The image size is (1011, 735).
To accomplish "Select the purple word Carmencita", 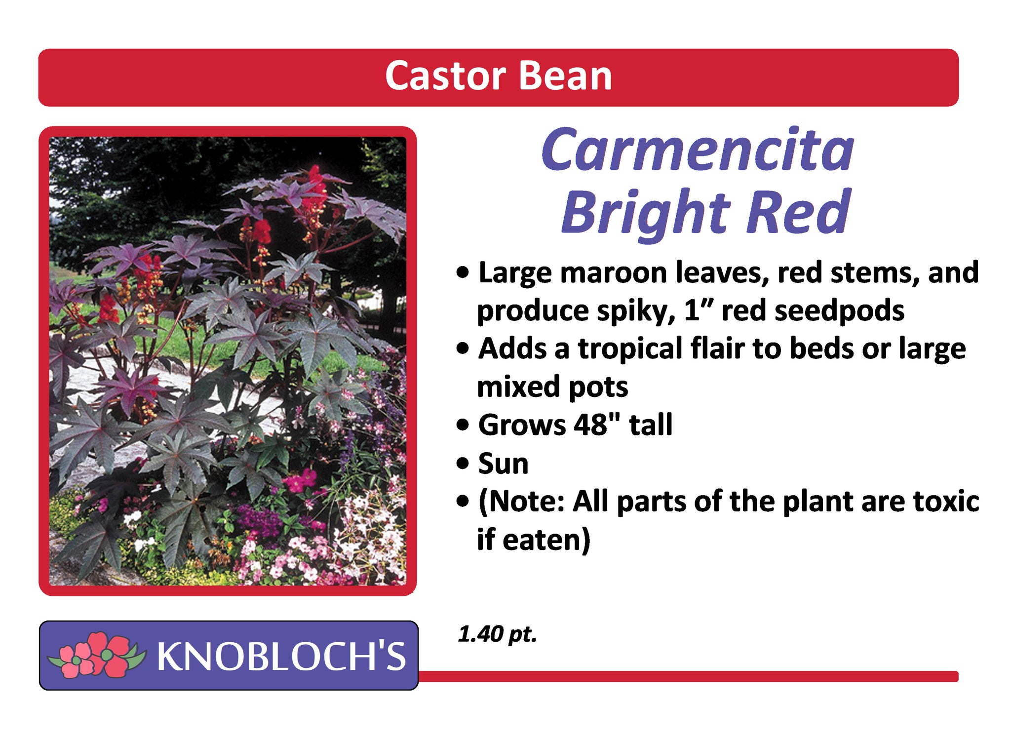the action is click(x=698, y=150).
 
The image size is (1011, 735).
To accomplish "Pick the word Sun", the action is click(x=503, y=464).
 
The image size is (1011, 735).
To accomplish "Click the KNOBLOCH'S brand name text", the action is click(x=281, y=656).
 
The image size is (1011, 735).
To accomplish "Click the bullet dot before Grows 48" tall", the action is click(x=463, y=425).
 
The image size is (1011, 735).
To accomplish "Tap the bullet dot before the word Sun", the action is click(x=463, y=464).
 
